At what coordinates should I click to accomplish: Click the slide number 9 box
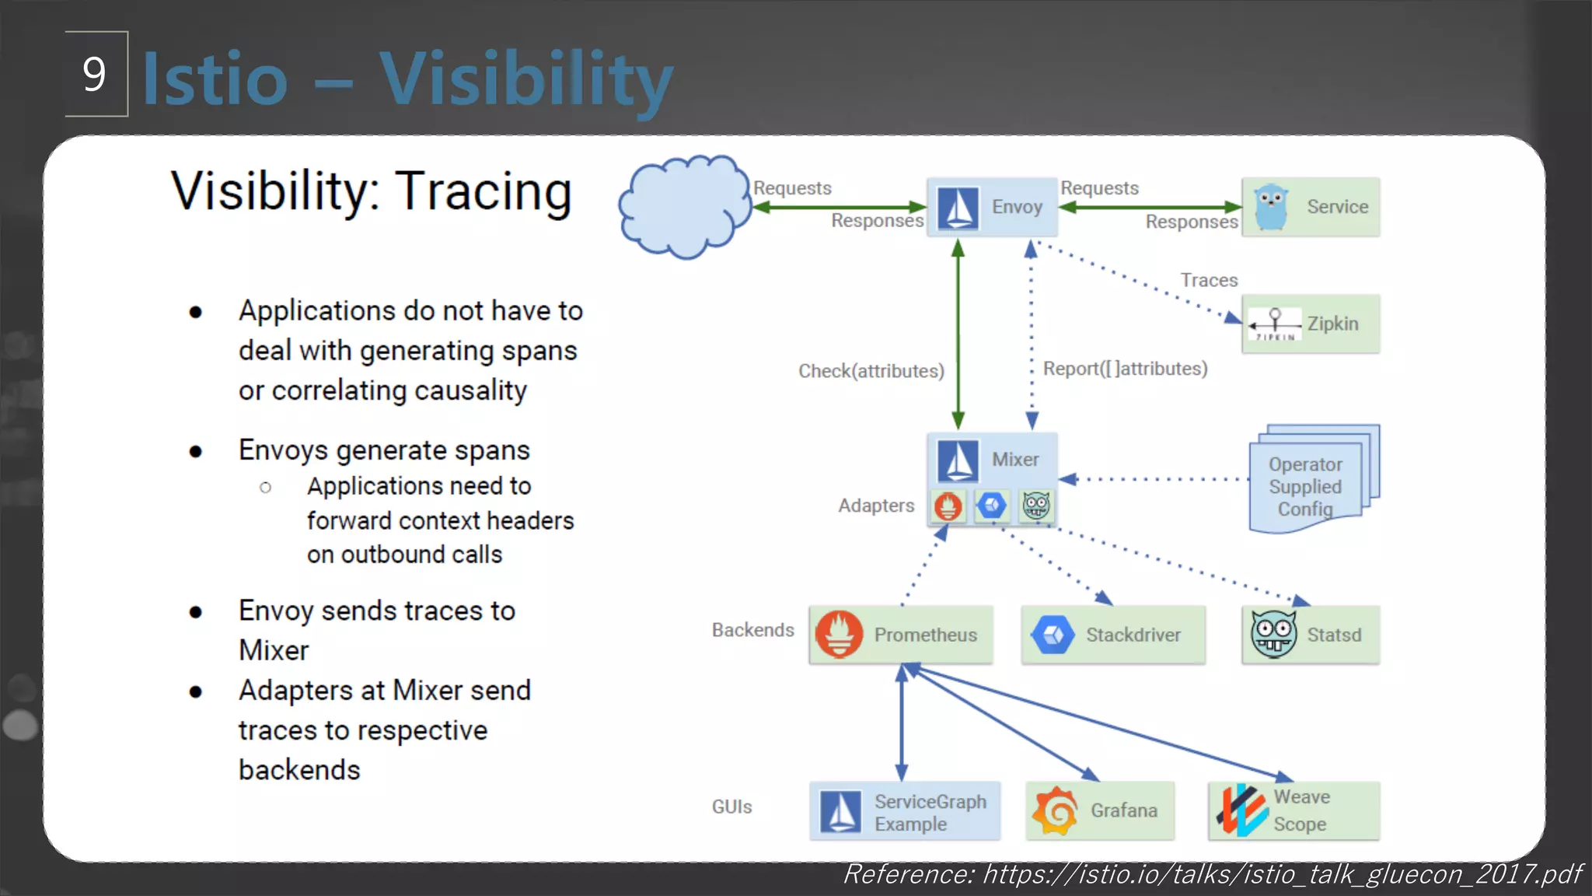point(96,74)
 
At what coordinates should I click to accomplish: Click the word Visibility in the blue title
point(525,79)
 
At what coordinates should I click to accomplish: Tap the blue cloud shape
point(683,207)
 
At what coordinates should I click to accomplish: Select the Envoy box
point(992,207)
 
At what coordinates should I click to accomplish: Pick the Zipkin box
point(1311,324)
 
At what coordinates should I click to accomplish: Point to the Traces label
point(1209,280)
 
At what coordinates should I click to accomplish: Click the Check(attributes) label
point(871,371)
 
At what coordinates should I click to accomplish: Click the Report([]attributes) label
point(1125,369)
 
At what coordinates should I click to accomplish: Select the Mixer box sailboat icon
point(958,460)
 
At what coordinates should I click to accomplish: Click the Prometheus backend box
point(901,635)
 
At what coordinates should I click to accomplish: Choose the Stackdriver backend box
point(1113,635)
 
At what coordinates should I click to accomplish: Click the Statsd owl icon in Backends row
point(1273,635)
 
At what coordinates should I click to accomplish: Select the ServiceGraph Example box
point(905,811)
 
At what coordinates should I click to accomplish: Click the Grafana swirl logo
point(1055,810)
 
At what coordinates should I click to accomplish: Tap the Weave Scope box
point(1293,810)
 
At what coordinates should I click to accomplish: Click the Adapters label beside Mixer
point(875,506)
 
